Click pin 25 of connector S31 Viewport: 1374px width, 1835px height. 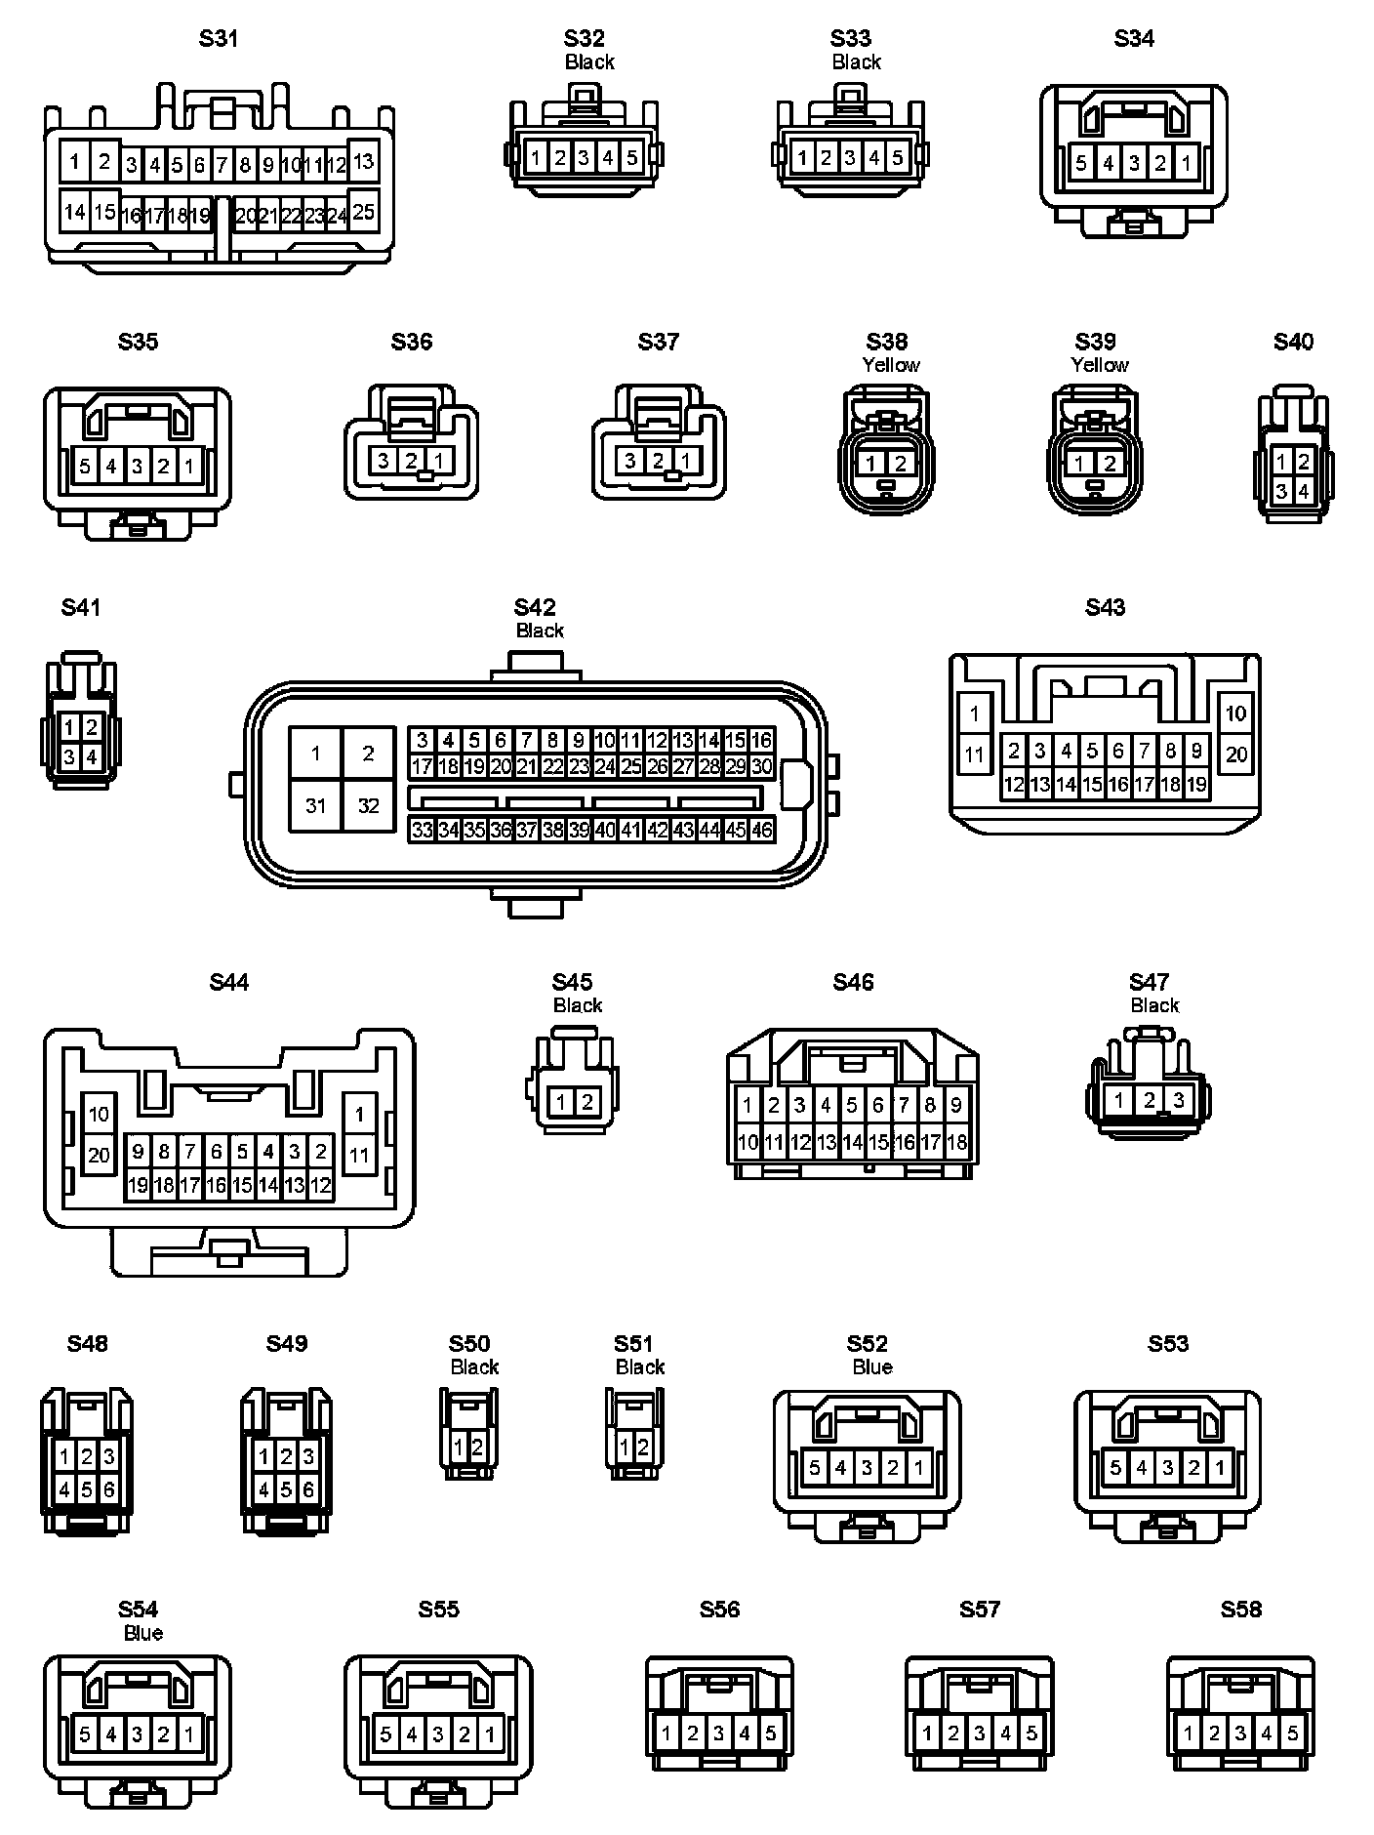363,212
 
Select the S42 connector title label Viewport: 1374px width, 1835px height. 535,607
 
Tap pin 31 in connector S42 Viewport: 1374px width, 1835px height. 315,805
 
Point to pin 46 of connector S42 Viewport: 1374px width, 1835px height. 762,830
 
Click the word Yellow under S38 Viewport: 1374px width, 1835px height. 890,365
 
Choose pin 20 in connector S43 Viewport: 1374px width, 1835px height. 1235,754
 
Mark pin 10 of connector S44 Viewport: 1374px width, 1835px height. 99,1114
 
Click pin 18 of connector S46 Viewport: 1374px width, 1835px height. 956,1142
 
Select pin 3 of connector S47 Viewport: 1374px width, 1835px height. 1178,1100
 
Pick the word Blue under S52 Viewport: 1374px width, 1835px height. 871,1367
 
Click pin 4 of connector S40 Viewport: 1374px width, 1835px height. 1304,492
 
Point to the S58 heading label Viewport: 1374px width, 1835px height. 1240,1610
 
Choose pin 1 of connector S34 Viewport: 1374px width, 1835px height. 1186,163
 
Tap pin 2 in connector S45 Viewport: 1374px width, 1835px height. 586,1103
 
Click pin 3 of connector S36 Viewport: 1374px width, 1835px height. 384,461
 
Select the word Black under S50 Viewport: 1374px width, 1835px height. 474,1367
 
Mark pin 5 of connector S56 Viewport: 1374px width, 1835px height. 770,1733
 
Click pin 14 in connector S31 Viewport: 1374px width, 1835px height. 74,212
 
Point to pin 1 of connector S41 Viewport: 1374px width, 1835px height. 69,726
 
